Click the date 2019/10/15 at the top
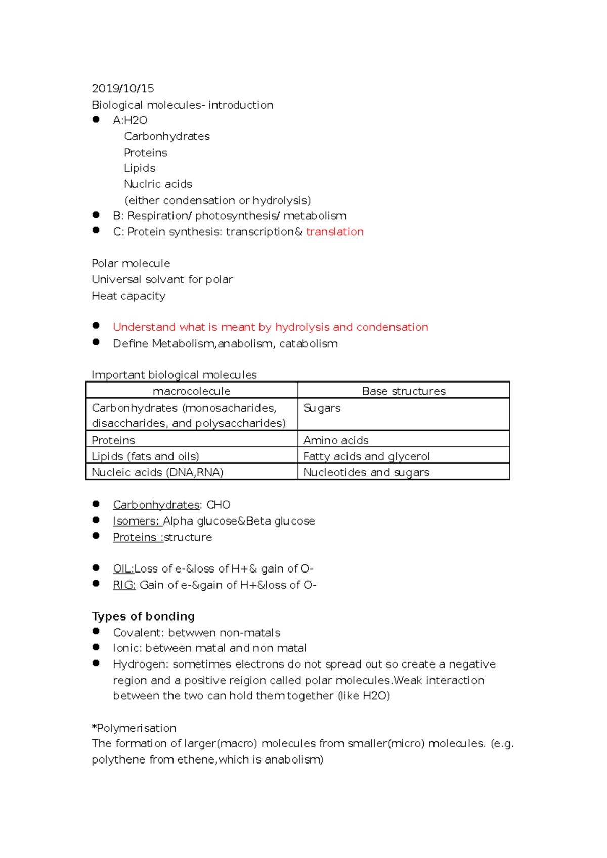tap(122, 89)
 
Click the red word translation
tap(334, 232)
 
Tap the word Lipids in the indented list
tap(140, 168)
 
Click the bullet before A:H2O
tap(96, 120)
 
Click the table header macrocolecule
tap(191, 391)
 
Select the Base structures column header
tap(404, 391)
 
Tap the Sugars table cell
tap(322, 408)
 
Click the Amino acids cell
tap(336, 440)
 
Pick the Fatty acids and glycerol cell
tap(366, 456)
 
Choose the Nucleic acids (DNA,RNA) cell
tap(157, 472)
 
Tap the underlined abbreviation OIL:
tap(123, 569)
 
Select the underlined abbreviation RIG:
tap(124, 585)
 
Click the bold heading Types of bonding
tap(143, 616)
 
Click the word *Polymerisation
tap(134, 728)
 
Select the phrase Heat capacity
tap(128, 296)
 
